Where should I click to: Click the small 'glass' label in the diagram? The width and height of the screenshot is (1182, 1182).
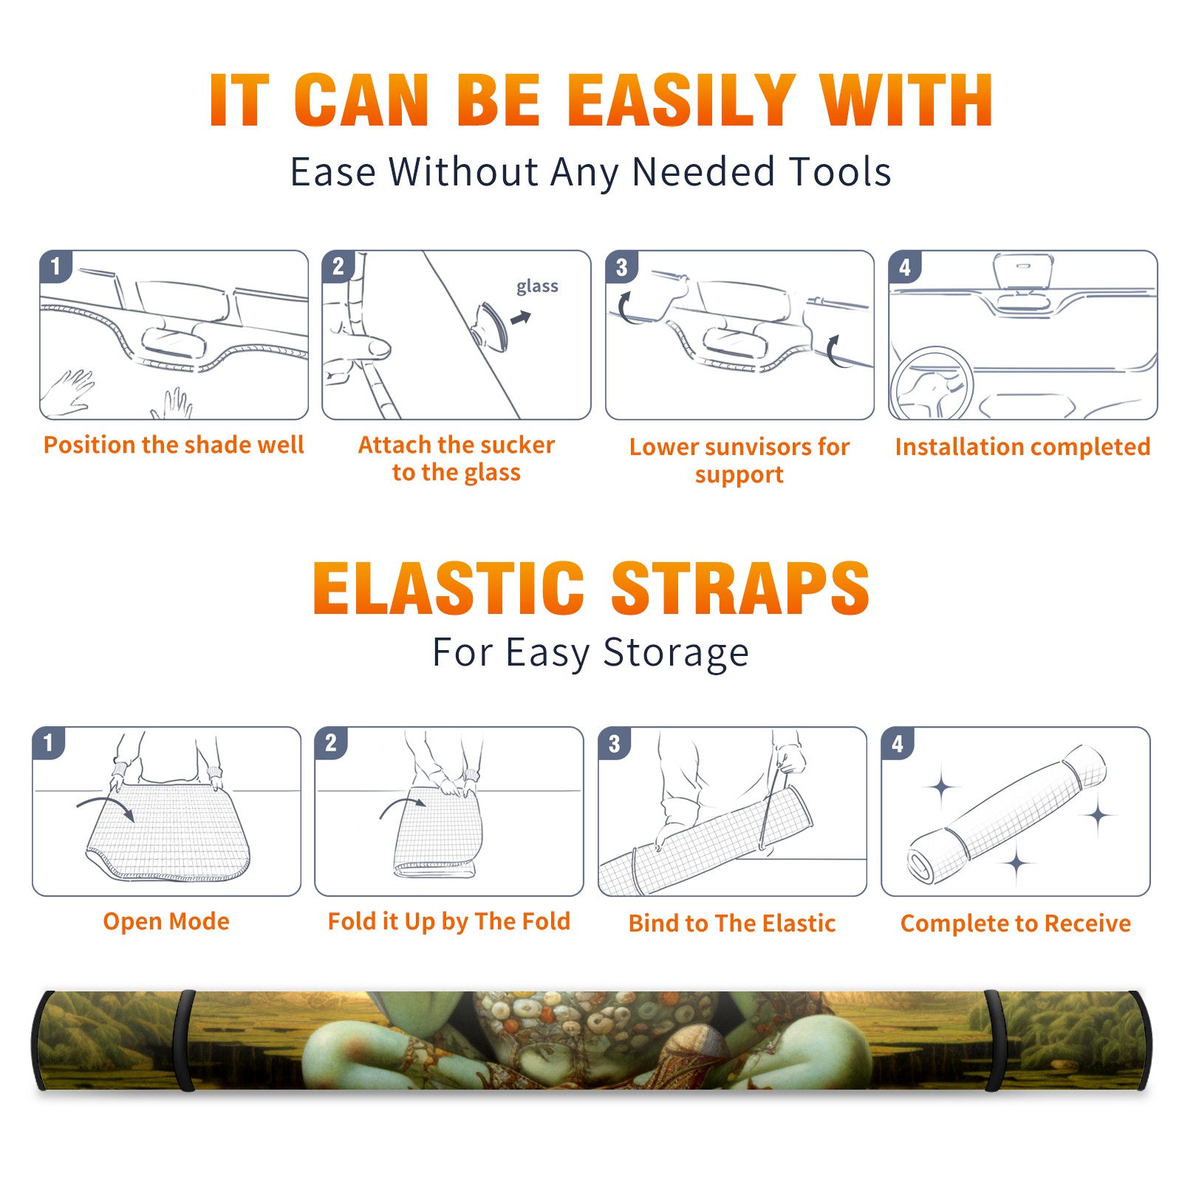coord(537,287)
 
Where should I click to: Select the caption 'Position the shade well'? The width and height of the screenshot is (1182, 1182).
coord(174,445)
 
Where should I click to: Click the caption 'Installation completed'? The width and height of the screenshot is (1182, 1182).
coord(1022,447)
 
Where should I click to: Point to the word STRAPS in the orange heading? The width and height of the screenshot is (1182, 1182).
coord(740,588)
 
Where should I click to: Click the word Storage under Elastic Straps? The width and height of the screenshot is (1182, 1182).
coord(676,653)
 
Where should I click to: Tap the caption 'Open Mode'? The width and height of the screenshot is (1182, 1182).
coord(166,921)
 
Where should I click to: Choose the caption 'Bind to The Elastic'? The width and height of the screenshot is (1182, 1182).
coord(731,923)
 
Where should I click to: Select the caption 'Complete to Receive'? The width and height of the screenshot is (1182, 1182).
coord(1016,923)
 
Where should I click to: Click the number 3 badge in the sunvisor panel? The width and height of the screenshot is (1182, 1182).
coord(621,267)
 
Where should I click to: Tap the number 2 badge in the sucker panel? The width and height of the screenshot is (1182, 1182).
coord(338,266)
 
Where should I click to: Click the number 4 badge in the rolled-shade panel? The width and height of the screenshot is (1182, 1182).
coord(898,743)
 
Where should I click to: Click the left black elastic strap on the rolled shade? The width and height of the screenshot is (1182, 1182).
coord(185,1040)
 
